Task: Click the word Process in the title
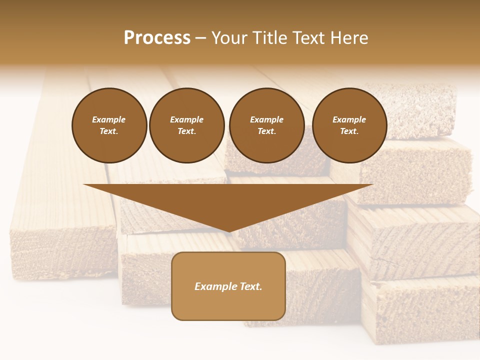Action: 157,38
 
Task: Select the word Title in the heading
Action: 271,38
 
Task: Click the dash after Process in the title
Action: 201,38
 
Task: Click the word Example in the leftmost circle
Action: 109,119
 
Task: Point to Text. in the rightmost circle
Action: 349,131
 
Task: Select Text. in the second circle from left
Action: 187,131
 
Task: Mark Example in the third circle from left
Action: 266,119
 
